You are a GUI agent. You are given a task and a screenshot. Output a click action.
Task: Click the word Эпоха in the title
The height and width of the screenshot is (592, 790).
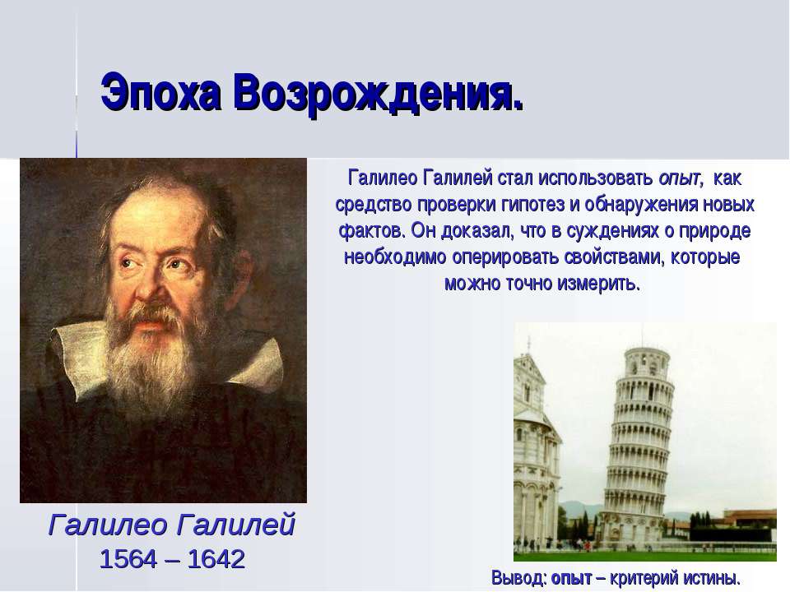tap(160, 93)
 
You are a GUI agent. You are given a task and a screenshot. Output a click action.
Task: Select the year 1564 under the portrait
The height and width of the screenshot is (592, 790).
tap(128, 559)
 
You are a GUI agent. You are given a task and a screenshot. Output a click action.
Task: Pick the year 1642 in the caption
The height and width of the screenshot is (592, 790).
tap(216, 559)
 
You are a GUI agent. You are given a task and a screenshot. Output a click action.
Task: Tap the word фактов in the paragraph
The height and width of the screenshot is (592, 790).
tap(372, 230)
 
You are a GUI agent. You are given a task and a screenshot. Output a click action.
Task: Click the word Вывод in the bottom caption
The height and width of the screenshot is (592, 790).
tap(518, 577)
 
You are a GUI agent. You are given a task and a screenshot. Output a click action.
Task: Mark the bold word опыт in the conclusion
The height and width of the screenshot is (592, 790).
tap(571, 578)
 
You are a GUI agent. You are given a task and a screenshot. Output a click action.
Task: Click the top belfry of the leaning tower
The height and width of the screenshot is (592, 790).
tap(647, 361)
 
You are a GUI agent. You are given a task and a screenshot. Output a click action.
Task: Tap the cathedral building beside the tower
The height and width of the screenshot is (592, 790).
tap(536, 448)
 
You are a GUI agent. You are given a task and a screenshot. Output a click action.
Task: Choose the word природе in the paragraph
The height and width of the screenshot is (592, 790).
tap(714, 231)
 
